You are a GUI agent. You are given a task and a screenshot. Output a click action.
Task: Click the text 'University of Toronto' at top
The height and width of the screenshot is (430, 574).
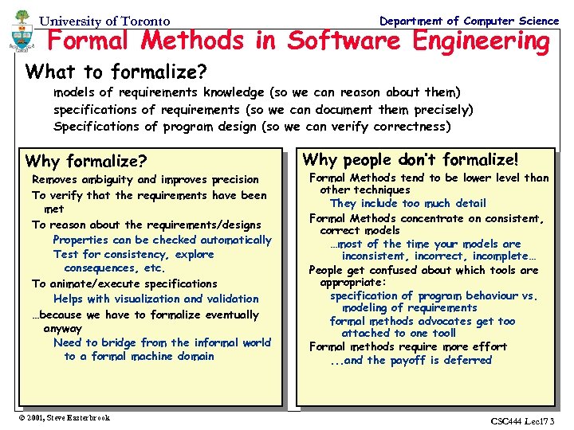tap(104, 21)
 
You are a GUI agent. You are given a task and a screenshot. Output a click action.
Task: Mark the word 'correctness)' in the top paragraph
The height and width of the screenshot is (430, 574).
tap(414, 127)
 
